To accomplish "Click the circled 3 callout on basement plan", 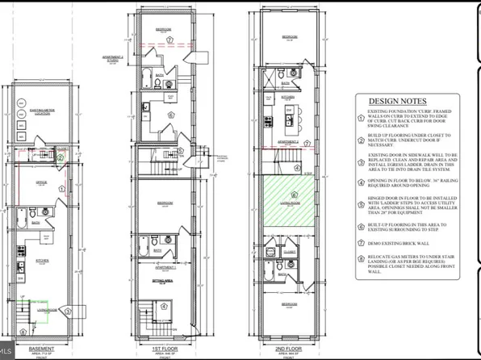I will pyautogui.click(x=69, y=311).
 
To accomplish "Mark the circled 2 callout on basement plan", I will pyautogui.click(x=60, y=157).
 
